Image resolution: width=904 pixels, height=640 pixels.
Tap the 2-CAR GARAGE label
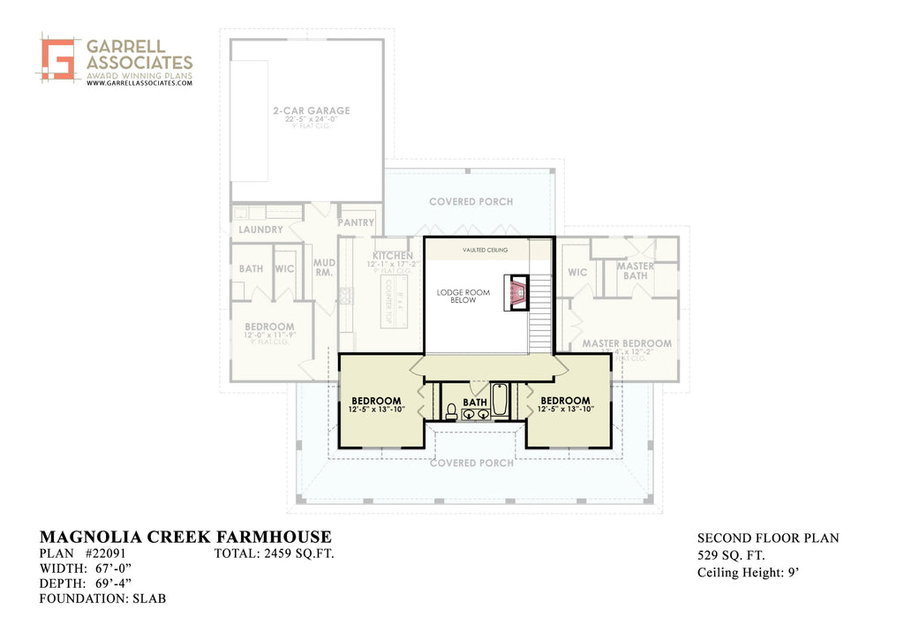pos(311,111)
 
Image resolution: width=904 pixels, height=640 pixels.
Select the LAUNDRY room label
pos(261,230)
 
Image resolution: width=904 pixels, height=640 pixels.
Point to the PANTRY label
pos(357,223)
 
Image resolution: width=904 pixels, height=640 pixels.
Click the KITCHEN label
pos(392,256)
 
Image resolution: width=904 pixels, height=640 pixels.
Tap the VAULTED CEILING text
pos(485,251)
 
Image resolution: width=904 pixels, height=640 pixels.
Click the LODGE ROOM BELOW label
pos(463,296)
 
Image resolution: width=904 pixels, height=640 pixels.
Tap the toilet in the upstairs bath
pos(451,411)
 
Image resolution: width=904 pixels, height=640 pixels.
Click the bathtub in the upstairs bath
pos(500,399)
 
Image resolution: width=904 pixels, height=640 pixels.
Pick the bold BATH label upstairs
pos(475,403)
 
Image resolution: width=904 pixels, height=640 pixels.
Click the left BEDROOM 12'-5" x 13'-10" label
pos(376,404)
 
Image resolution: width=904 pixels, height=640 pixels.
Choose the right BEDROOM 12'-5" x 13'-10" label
pos(565,404)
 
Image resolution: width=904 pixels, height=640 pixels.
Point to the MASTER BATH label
pos(635,271)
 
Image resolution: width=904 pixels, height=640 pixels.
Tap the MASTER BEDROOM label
pos(627,343)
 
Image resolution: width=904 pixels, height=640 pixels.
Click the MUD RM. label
pos(325,267)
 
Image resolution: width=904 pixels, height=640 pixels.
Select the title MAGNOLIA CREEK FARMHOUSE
pos(185,537)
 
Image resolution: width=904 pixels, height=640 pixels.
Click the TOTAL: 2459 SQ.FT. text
pos(274,554)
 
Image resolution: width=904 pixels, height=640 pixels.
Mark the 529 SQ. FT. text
pos(731,555)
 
